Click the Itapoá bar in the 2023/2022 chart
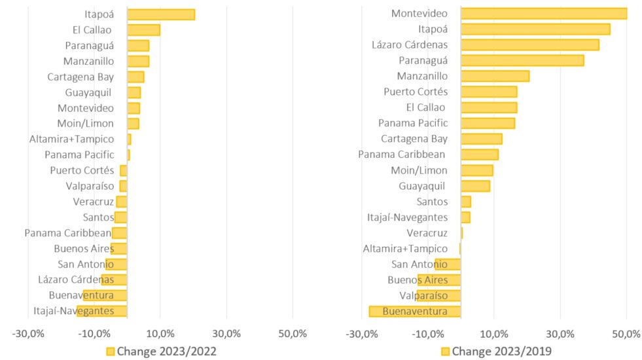[161, 14]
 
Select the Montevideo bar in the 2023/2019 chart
[544, 14]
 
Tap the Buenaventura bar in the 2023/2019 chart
[415, 312]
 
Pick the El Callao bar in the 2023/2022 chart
[144, 30]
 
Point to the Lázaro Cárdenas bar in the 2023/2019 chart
[530, 45]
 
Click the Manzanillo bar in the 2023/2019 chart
[495, 76]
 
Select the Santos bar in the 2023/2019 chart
[466, 202]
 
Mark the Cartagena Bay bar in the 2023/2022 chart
[135, 77]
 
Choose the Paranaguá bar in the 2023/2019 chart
[522, 61]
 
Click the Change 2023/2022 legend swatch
[110, 351]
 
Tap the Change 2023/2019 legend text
[501, 351]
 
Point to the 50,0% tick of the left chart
[293, 333]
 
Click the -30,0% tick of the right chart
[361, 334]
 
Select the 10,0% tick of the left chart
[160, 333]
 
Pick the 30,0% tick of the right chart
[560, 334]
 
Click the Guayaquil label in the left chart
[88, 93]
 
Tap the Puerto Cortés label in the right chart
[416, 92]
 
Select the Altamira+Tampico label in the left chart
[71, 139]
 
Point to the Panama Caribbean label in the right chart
[402, 154]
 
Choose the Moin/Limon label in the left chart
[86, 123]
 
